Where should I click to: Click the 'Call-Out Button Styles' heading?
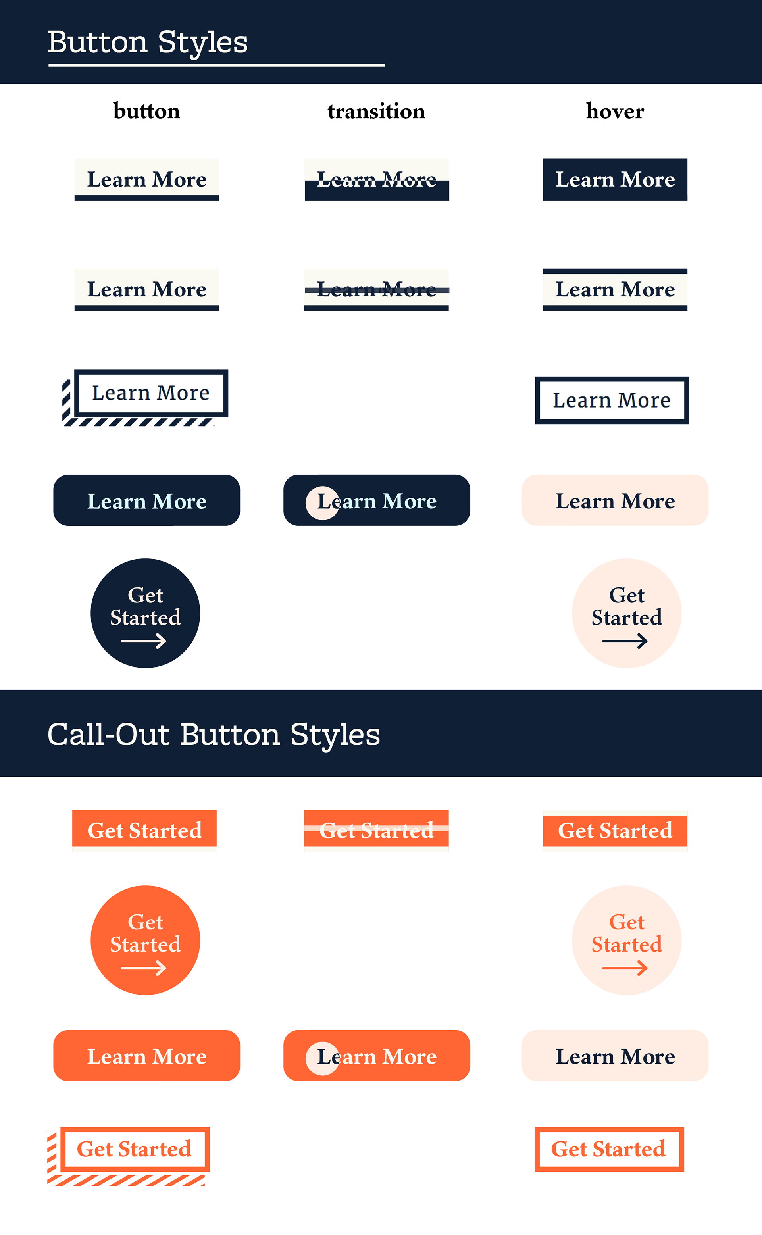pyautogui.click(x=214, y=734)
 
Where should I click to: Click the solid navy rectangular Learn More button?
pyautogui.click(x=615, y=179)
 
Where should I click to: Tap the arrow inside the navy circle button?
pyautogui.click(x=144, y=641)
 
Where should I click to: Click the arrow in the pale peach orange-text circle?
pyautogui.click(x=625, y=968)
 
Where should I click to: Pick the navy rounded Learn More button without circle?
pyautogui.click(x=147, y=500)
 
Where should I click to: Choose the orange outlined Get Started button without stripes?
pyautogui.click(x=609, y=1149)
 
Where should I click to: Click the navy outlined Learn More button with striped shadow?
pyautogui.click(x=151, y=393)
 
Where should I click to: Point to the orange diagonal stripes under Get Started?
pyautogui.click(x=126, y=1181)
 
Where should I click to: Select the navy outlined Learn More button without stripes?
pyautogui.click(x=612, y=400)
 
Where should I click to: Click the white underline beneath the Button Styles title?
pyautogui.click(x=217, y=65)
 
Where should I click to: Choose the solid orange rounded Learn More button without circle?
pyautogui.click(x=147, y=1056)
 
